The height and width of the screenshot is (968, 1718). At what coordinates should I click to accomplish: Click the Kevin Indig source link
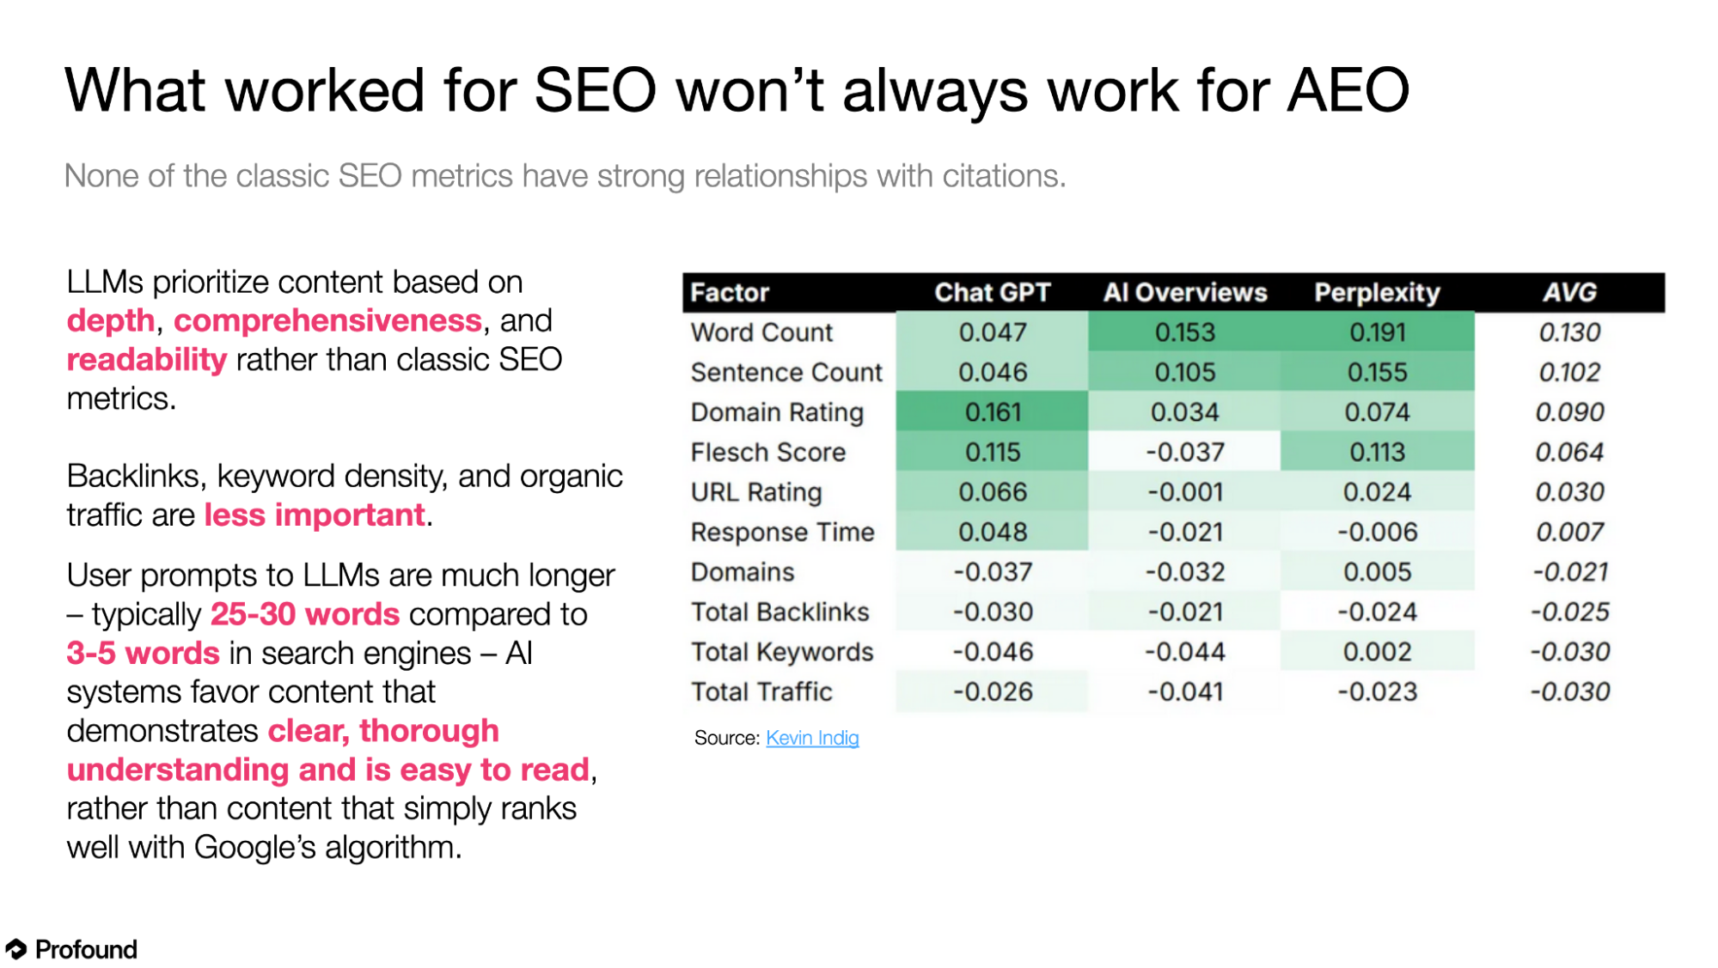pyautogui.click(x=812, y=738)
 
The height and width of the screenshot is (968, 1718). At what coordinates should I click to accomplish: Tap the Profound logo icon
pyautogui.click(x=16, y=949)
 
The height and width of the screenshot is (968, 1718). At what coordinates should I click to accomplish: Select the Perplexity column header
pyautogui.click(x=1377, y=293)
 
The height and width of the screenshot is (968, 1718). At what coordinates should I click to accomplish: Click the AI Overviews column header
pyautogui.click(x=1185, y=293)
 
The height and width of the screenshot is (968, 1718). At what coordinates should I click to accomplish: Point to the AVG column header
pyautogui.click(x=1569, y=293)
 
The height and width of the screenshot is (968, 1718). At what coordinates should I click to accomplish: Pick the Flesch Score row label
pyautogui.click(x=768, y=453)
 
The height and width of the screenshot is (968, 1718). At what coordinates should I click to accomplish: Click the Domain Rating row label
pyautogui.click(x=777, y=412)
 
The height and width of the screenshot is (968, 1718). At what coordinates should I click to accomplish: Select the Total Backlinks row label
pyautogui.click(x=780, y=612)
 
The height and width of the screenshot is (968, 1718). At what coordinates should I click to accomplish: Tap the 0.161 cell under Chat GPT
pyautogui.click(x=993, y=412)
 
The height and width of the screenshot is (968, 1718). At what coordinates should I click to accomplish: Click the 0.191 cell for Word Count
pyautogui.click(x=1377, y=332)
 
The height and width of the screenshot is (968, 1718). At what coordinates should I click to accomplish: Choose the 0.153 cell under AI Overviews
pyautogui.click(x=1185, y=332)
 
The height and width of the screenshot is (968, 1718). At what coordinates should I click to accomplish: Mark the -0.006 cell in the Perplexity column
pyautogui.click(x=1377, y=533)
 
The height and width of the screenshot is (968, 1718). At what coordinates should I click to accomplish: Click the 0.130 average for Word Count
pyautogui.click(x=1569, y=332)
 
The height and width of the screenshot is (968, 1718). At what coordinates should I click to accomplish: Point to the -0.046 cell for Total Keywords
pyautogui.click(x=993, y=652)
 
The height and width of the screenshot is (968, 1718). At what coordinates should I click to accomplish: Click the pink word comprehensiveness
pyautogui.click(x=327, y=321)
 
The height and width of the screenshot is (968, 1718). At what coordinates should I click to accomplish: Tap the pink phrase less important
pyautogui.click(x=315, y=515)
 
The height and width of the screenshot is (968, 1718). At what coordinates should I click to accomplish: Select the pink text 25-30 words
pyautogui.click(x=305, y=614)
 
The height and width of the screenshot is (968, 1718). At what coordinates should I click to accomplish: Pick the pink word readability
pyautogui.click(x=147, y=360)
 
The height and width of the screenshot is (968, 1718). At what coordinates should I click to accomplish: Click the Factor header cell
pyautogui.click(x=730, y=293)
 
